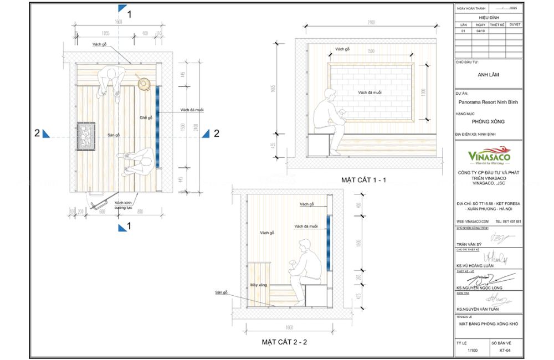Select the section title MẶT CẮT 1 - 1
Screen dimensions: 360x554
click(x=363, y=180)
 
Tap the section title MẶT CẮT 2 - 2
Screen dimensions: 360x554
click(x=284, y=342)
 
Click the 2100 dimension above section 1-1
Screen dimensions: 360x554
click(x=371, y=23)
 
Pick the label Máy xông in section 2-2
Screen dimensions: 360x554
click(x=259, y=285)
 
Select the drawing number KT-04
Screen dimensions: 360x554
click(x=505, y=351)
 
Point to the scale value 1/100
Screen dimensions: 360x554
click(x=472, y=351)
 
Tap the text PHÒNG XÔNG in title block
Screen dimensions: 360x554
click(x=488, y=121)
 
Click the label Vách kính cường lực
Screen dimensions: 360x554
click(x=123, y=205)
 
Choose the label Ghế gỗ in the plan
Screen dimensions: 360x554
click(x=146, y=117)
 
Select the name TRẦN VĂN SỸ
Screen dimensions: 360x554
click(x=469, y=244)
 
